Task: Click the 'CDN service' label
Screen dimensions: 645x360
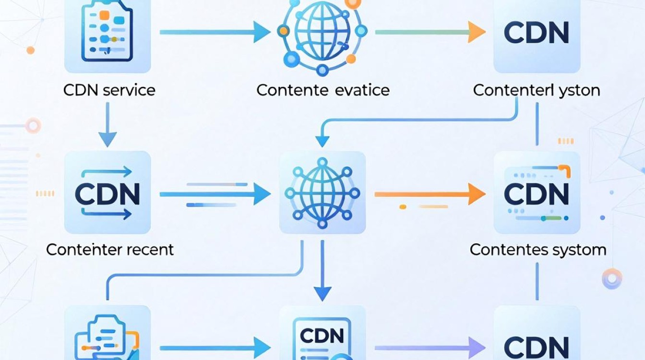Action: click(x=109, y=90)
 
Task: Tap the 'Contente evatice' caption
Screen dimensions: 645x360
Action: click(x=323, y=90)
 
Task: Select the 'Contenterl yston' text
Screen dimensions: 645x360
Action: click(x=537, y=90)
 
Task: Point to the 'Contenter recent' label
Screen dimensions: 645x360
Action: click(x=110, y=250)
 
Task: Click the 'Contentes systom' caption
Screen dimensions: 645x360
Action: click(x=538, y=250)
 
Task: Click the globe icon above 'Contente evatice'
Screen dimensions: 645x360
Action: click(x=322, y=35)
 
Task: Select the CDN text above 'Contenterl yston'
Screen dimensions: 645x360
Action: click(x=537, y=32)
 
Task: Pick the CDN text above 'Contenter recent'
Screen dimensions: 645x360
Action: click(x=107, y=194)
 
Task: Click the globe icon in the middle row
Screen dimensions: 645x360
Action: click(x=322, y=193)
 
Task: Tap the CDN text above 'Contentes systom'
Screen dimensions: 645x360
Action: click(x=537, y=194)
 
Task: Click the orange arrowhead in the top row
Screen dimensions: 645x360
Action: click(x=477, y=32)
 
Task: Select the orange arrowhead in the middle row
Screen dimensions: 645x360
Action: click(x=477, y=194)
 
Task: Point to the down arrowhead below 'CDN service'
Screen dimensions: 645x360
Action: click(x=107, y=140)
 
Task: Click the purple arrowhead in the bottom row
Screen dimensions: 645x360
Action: click(x=477, y=348)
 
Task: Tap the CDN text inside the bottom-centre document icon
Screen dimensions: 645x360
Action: click(x=322, y=336)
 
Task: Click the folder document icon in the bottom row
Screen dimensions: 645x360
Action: click(x=107, y=337)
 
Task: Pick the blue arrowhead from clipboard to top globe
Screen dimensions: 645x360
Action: click(x=262, y=32)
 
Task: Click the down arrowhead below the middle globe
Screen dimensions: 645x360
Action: click(x=322, y=294)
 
